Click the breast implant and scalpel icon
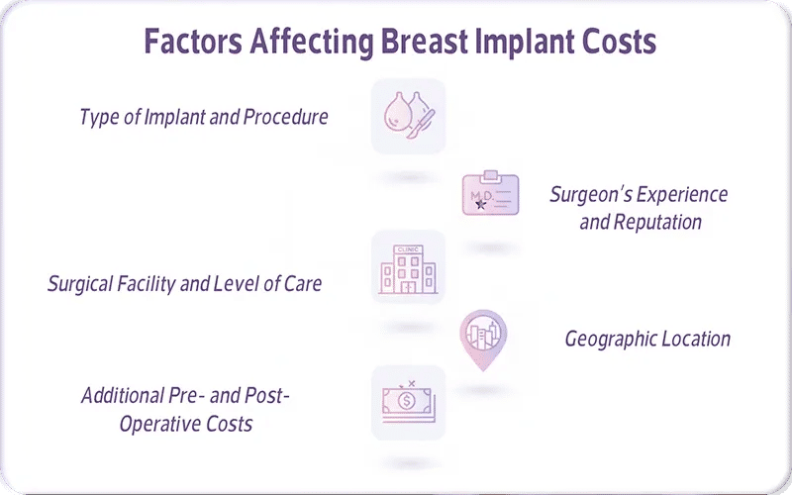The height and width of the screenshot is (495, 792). (408, 117)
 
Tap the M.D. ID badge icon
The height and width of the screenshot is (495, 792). (491, 195)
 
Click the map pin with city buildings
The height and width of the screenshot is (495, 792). (483, 338)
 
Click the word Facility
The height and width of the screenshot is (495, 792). (148, 284)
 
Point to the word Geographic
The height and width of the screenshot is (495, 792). (608, 340)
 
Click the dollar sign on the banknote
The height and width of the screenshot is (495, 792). (407, 402)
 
